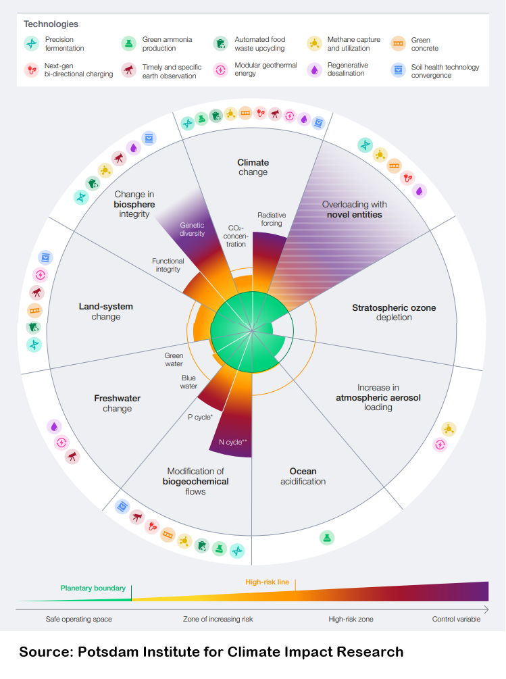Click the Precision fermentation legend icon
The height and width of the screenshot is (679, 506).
coord(32,44)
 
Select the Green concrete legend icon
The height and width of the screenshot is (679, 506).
coord(399,44)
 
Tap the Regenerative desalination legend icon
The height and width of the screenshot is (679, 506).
coord(314,70)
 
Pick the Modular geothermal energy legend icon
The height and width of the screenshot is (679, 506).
coord(221,70)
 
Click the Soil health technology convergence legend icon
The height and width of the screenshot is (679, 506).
coord(399,70)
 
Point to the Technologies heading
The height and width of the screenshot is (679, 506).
coord(51,24)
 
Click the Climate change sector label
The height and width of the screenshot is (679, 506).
coord(253,167)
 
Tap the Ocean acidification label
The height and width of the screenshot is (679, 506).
coord(303,476)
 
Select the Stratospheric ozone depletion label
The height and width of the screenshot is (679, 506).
coord(394,312)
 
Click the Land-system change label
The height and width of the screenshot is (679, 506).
coord(106,311)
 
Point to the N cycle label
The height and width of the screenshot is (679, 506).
coord(233,443)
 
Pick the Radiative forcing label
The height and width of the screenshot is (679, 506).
coord(272,219)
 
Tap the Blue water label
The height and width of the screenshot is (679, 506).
coord(189,382)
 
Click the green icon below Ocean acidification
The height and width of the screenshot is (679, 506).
coord(327,537)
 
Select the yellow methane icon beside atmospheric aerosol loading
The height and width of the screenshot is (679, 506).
coord(449,429)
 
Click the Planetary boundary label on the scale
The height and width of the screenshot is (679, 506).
coord(93,588)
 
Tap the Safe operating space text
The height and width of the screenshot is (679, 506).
coord(78,619)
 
